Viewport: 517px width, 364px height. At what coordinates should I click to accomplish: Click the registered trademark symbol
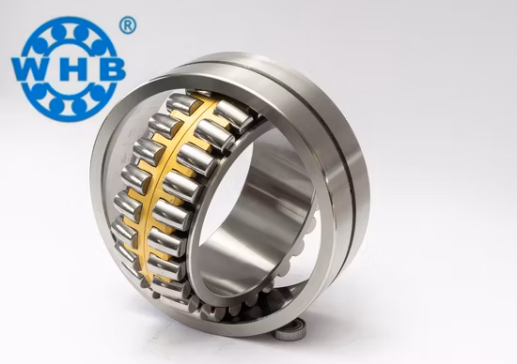point(127,25)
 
